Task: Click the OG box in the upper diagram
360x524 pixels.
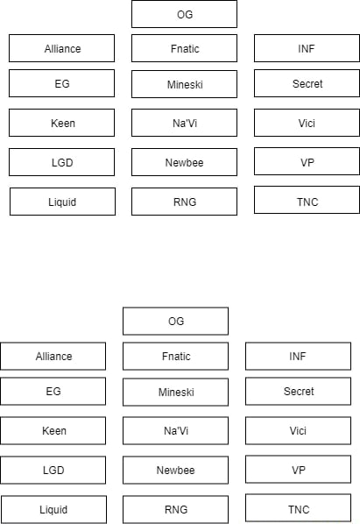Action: pyautogui.click(x=184, y=14)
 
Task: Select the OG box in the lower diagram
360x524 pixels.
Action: pyautogui.click(x=175, y=322)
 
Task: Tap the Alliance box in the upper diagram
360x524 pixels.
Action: pyautogui.click(x=61, y=49)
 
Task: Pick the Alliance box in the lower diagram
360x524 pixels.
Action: pyautogui.click(x=53, y=357)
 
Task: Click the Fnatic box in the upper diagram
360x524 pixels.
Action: pyautogui.click(x=184, y=49)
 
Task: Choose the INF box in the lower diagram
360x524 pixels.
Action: pyautogui.click(x=298, y=357)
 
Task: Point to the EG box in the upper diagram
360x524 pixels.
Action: pyautogui.click(x=61, y=84)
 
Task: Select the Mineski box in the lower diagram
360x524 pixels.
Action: pyautogui.click(x=175, y=393)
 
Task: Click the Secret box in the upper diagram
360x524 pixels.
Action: pyautogui.click(x=307, y=84)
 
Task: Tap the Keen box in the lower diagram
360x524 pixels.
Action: pyautogui.click(x=53, y=430)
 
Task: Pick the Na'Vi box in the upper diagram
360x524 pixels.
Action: pyautogui.click(x=184, y=124)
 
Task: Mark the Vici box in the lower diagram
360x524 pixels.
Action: pyautogui.click(x=298, y=430)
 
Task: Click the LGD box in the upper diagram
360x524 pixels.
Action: pyautogui.click(x=61, y=162)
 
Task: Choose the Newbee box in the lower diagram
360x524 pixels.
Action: pyautogui.click(x=175, y=470)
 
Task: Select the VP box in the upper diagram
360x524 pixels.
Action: pyautogui.click(x=307, y=162)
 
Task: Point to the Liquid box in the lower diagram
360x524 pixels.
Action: pyautogui.click(x=53, y=509)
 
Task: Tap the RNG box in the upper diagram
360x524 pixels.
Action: pyautogui.click(x=184, y=202)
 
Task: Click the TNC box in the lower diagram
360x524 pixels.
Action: pyautogui.click(x=298, y=508)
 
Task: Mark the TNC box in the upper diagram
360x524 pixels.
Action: pyautogui.click(x=307, y=201)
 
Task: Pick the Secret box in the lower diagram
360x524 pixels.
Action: pyautogui.click(x=298, y=392)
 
